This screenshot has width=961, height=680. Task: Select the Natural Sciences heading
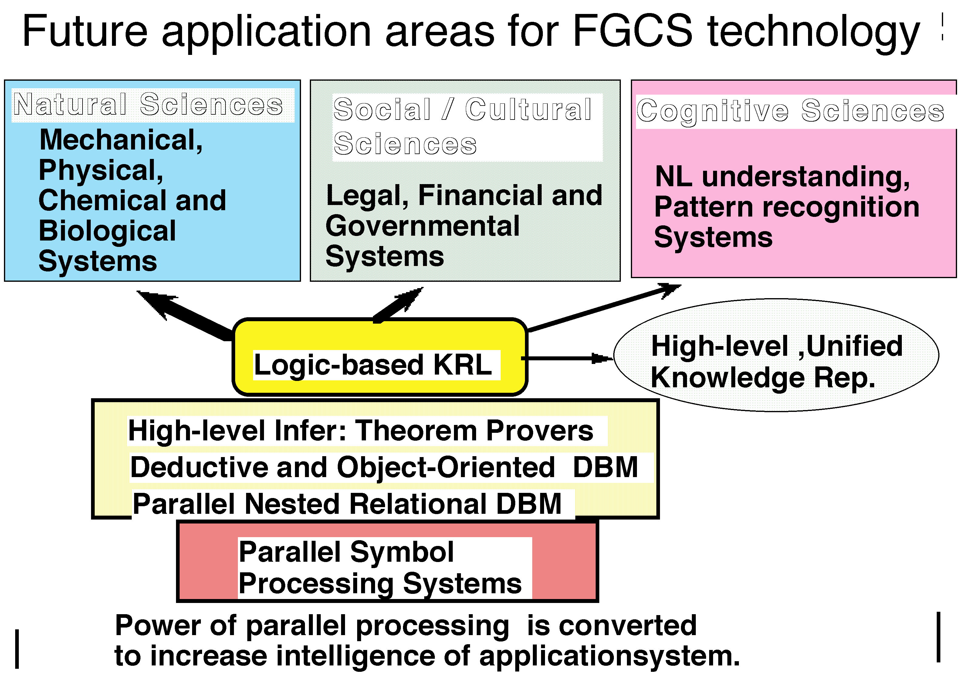point(148,105)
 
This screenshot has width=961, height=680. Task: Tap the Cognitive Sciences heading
point(790,111)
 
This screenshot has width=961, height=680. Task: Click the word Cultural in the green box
point(528,110)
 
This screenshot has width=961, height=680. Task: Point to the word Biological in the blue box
point(107,231)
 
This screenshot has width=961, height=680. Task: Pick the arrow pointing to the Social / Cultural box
point(398,305)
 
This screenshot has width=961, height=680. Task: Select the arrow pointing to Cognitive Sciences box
point(603,308)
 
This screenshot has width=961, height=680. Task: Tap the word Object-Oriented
point(446,467)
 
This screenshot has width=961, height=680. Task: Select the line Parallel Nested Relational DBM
point(347,504)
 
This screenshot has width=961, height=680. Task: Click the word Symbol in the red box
point(401,552)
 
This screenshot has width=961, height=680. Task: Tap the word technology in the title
point(814,32)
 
